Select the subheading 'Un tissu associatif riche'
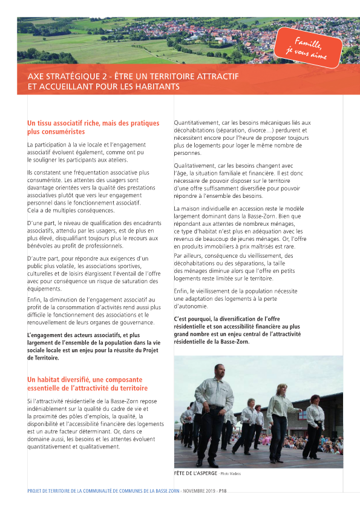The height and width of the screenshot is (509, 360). (x=66, y=123)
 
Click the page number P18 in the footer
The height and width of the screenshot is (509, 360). (x=223, y=491)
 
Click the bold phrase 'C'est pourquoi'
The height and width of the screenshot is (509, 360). (x=192, y=319)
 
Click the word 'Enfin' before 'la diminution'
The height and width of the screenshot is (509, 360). (x=34, y=300)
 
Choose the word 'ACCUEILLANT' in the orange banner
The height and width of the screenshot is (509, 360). (x=56, y=87)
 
